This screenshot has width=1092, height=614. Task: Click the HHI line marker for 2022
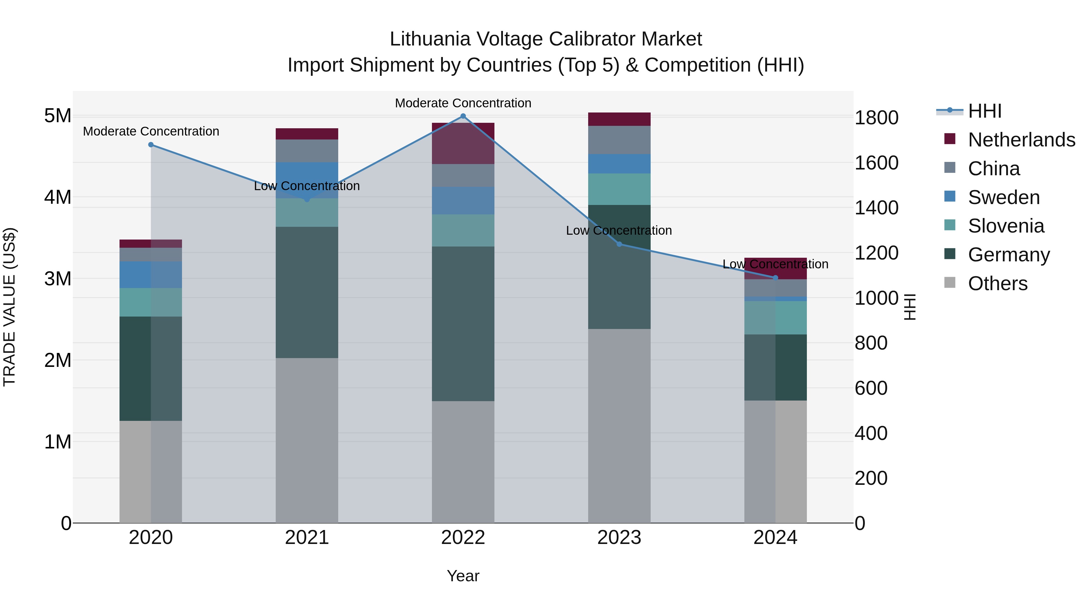463,116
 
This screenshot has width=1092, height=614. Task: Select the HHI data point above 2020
151,145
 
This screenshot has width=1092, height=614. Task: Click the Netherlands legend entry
1022,140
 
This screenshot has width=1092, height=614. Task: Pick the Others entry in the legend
997,284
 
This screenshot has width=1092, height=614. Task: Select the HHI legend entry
984,111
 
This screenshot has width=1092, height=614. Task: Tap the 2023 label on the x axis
619,538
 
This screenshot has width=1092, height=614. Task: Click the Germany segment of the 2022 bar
463,324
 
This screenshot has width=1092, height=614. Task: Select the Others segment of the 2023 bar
619,426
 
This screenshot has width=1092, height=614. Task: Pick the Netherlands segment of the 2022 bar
463,144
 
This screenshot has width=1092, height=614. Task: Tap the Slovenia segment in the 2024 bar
775,318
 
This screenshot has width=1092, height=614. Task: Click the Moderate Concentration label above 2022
463,103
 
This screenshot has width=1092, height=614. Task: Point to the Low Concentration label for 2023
619,230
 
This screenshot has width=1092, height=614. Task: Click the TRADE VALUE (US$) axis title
9,307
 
